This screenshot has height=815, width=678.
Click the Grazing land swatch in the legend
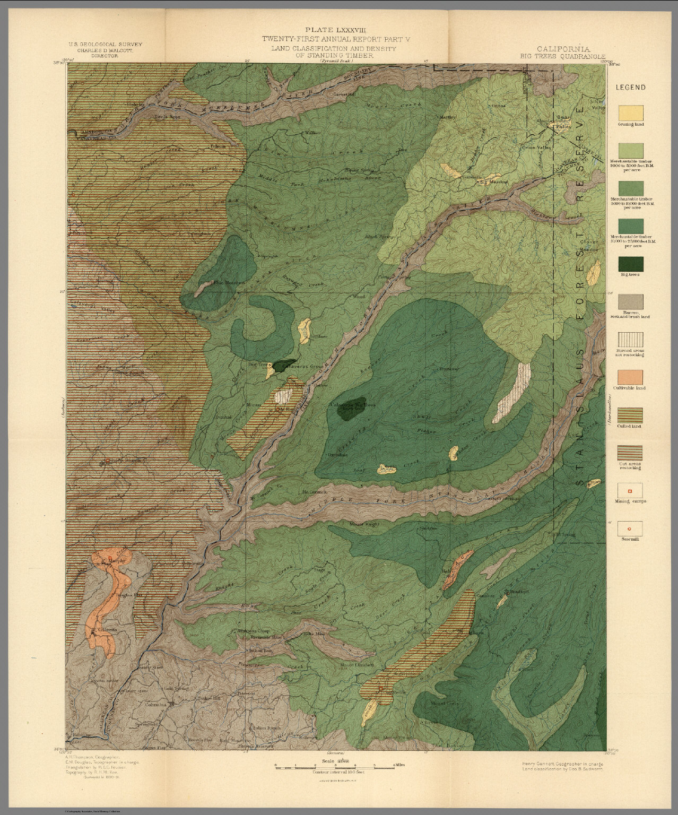click(x=630, y=113)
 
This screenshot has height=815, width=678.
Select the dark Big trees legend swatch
click(x=630, y=265)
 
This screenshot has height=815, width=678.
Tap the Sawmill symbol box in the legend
click(x=630, y=530)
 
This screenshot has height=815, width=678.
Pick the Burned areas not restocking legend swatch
click(x=630, y=341)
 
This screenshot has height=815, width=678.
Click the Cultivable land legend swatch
click(x=630, y=378)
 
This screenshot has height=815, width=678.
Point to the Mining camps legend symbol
click(x=630, y=491)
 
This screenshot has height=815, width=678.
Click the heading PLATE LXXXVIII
click(x=337, y=31)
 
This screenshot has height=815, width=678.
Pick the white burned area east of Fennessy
click(x=515, y=392)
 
